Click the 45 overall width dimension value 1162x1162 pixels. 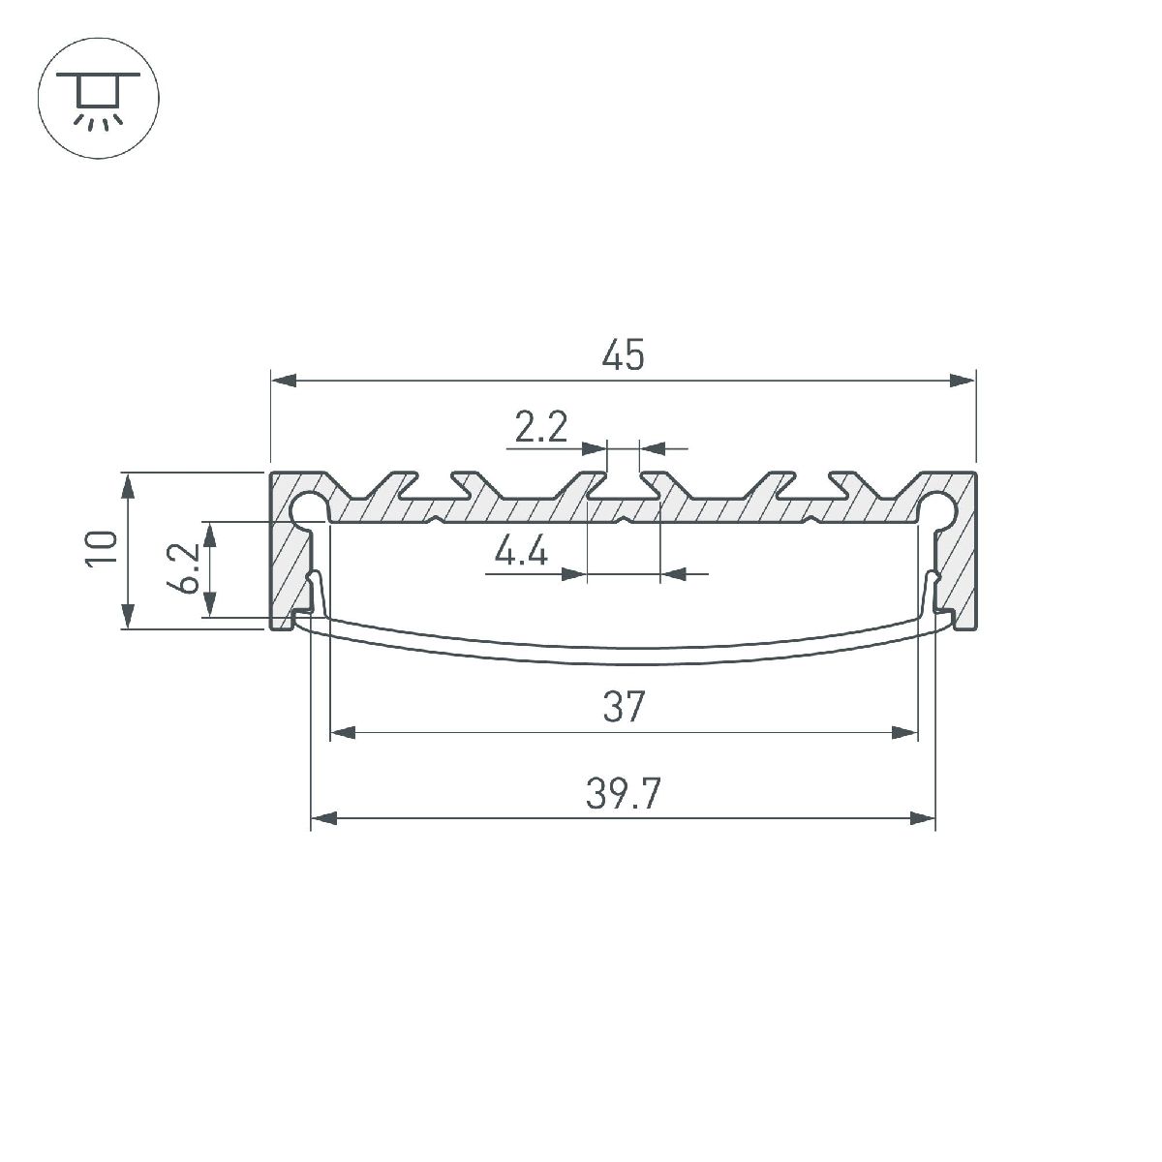623,356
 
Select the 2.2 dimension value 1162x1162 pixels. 540,427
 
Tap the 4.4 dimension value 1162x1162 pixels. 521,553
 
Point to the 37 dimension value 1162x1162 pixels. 623,708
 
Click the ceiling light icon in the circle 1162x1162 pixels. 97,98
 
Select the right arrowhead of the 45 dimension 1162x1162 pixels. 963,381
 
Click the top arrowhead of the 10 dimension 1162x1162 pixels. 127,485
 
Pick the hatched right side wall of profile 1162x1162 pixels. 963,562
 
